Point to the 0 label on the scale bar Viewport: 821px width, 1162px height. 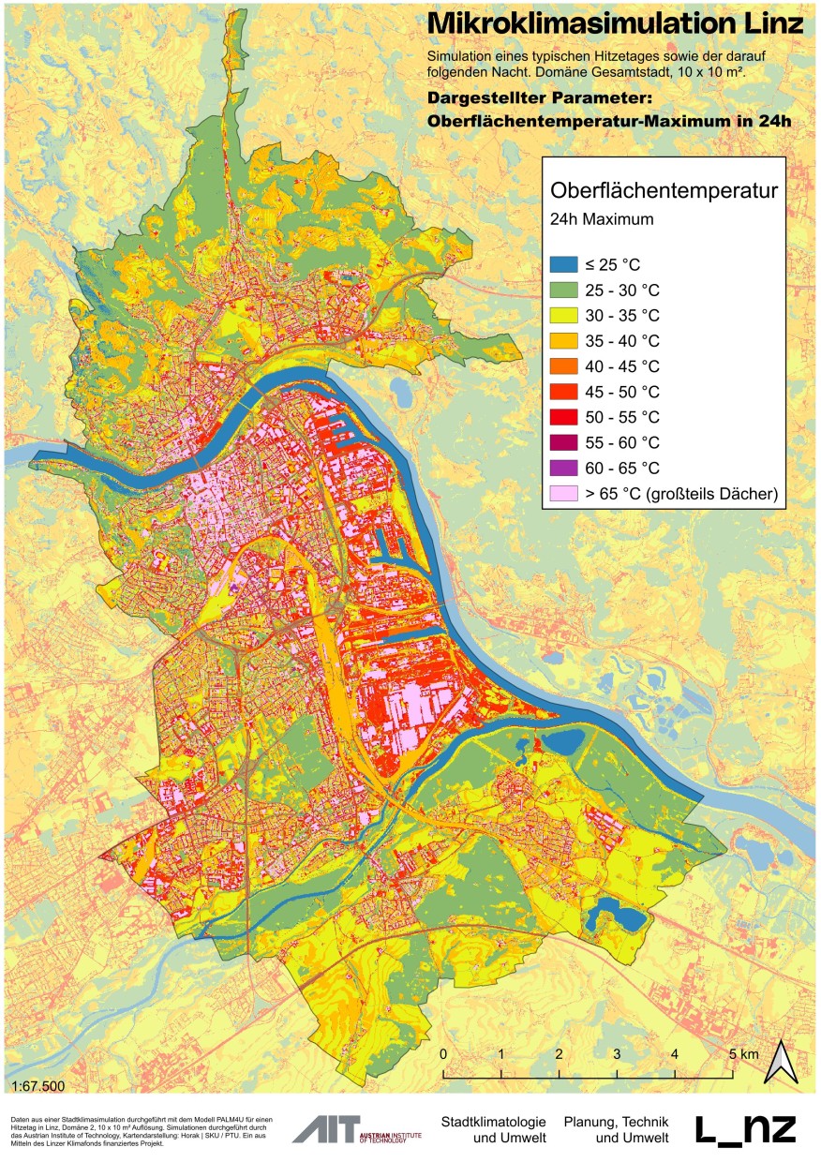[x=442, y=1054]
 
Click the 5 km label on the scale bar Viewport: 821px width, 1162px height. [x=740, y=1054]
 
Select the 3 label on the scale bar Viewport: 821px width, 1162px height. [x=617, y=1054]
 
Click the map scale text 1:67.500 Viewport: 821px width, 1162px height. [x=39, y=1086]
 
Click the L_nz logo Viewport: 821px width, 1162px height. [x=745, y=1129]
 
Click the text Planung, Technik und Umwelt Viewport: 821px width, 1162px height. [x=617, y=1129]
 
